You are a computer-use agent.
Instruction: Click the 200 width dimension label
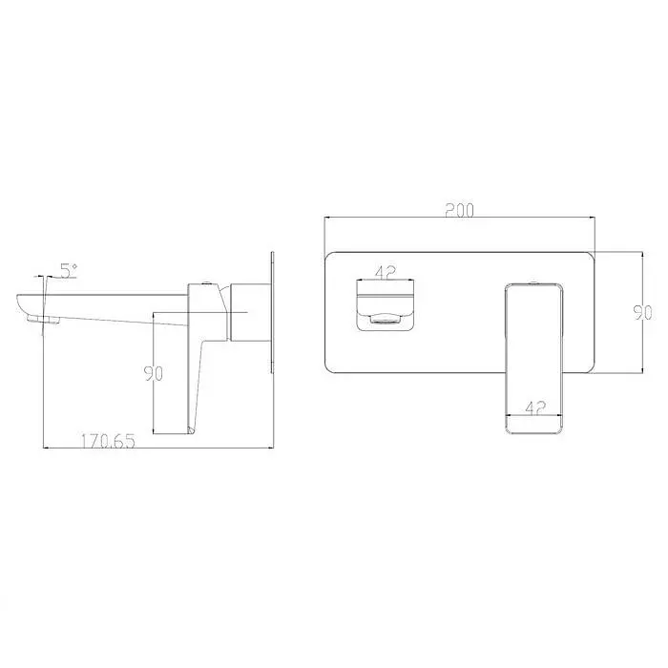(459, 211)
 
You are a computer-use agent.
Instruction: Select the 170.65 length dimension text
(108, 441)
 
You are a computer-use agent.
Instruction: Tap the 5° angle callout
(69, 271)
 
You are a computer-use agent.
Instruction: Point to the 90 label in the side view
(154, 374)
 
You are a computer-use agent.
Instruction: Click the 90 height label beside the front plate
(643, 313)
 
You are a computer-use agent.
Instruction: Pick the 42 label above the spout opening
(386, 273)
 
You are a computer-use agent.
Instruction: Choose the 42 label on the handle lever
(535, 408)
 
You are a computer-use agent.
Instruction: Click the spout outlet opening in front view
(386, 318)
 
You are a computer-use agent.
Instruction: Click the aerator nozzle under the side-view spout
(44, 319)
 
